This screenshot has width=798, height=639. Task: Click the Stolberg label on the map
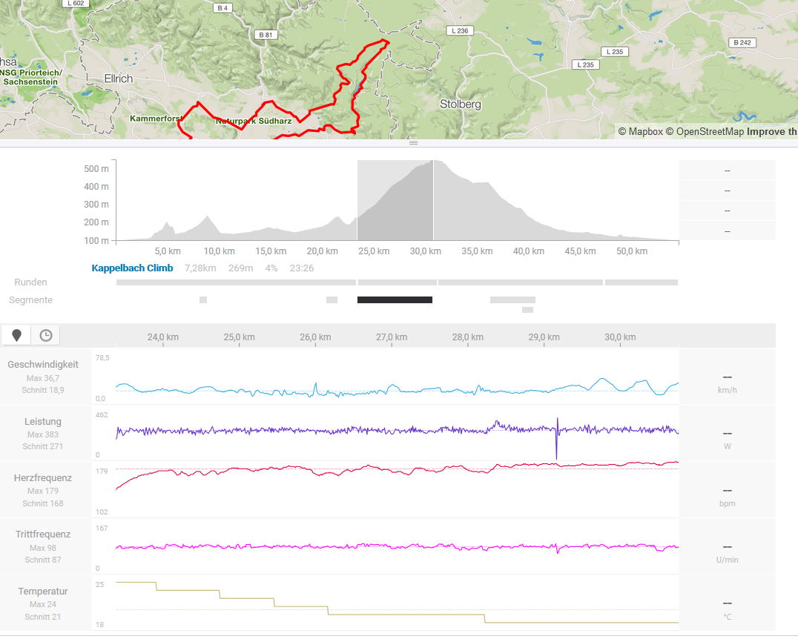(x=460, y=105)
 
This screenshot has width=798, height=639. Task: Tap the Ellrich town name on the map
(x=119, y=79)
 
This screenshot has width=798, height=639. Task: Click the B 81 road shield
(x=265, y=35)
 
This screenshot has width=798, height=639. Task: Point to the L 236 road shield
(x=459, y=30)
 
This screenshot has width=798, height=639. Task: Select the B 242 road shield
(x=742, y=42)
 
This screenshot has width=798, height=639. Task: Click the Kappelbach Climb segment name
(x=132, y=268)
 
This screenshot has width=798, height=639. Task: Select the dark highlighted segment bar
(x=395, y=299)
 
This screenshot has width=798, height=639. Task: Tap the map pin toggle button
(x=17, y=336)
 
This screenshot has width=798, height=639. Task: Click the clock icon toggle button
(x=46, y=336)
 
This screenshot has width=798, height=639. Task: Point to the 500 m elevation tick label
(x=96, y=168)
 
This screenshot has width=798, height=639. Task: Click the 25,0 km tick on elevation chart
(x=374, y=251)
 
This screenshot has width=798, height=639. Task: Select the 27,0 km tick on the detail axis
(x=392, y=337)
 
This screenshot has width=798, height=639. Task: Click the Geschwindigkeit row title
(x=43, y=365)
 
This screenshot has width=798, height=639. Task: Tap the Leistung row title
(x=43, y=422)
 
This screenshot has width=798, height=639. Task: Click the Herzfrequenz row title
(x=43, y=478)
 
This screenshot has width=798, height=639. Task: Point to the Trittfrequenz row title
(x=43, y=534)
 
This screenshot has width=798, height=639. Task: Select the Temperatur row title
(x=43, y=592)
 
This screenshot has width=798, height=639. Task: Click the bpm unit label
(x=727, y=503)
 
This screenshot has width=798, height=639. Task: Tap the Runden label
(x=30, y=282)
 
